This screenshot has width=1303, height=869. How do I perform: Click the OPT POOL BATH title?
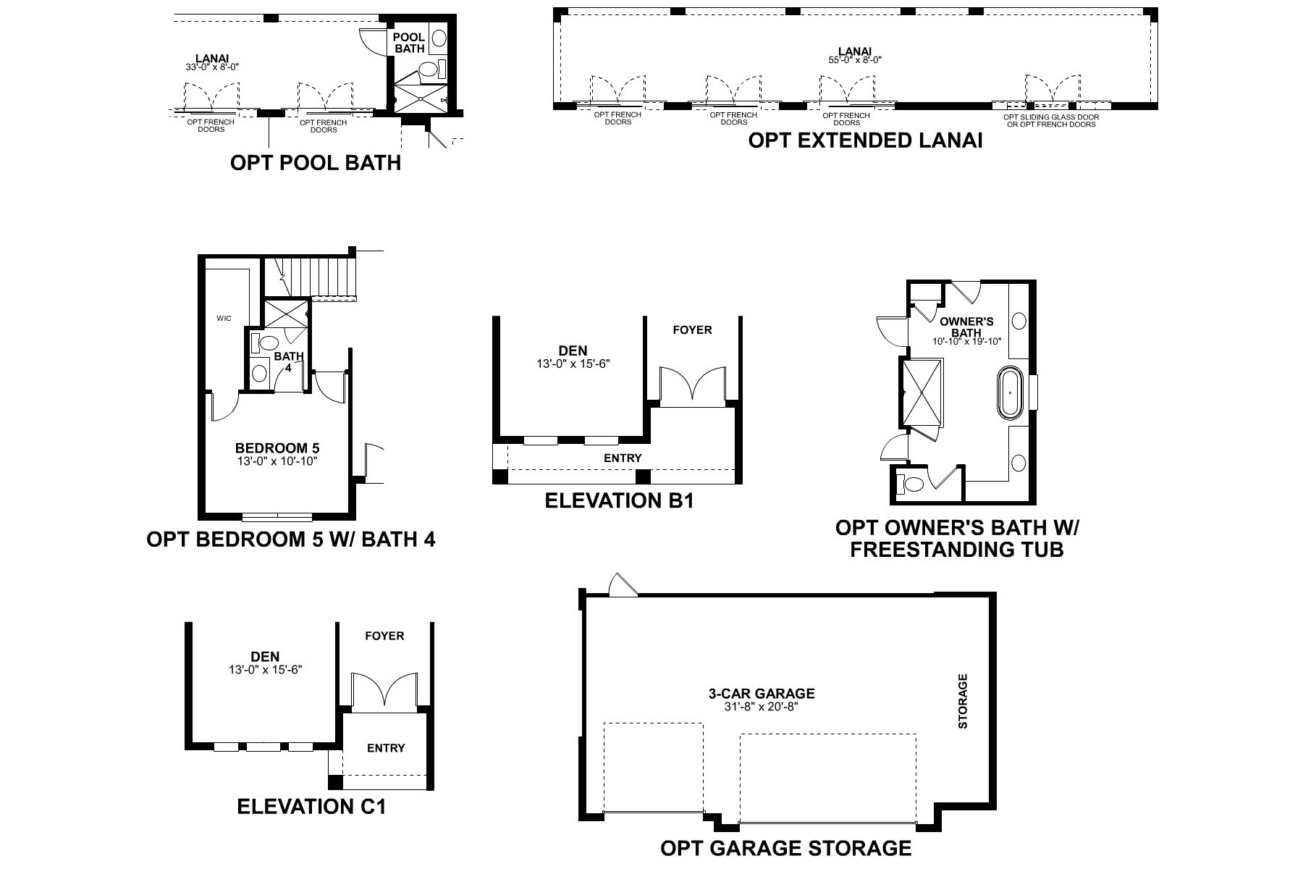(315, 162)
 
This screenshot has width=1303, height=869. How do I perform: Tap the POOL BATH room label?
(409, 43)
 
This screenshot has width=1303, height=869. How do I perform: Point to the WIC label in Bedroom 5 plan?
(224, 319)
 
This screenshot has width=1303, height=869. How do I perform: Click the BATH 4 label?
(288, 361)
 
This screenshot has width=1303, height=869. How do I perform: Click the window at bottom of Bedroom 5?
(277, 517)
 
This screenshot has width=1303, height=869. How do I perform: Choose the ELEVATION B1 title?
(619, 500)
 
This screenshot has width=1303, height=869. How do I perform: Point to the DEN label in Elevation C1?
(265, 657)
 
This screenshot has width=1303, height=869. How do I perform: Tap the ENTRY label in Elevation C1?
(385, 748)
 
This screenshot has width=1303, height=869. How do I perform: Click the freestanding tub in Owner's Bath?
(1009, 393)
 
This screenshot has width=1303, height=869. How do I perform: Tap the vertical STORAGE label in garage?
(963, 701)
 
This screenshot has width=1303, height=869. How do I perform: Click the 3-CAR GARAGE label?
(761, 694)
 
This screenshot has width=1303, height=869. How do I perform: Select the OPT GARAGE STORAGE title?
(785, 848)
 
